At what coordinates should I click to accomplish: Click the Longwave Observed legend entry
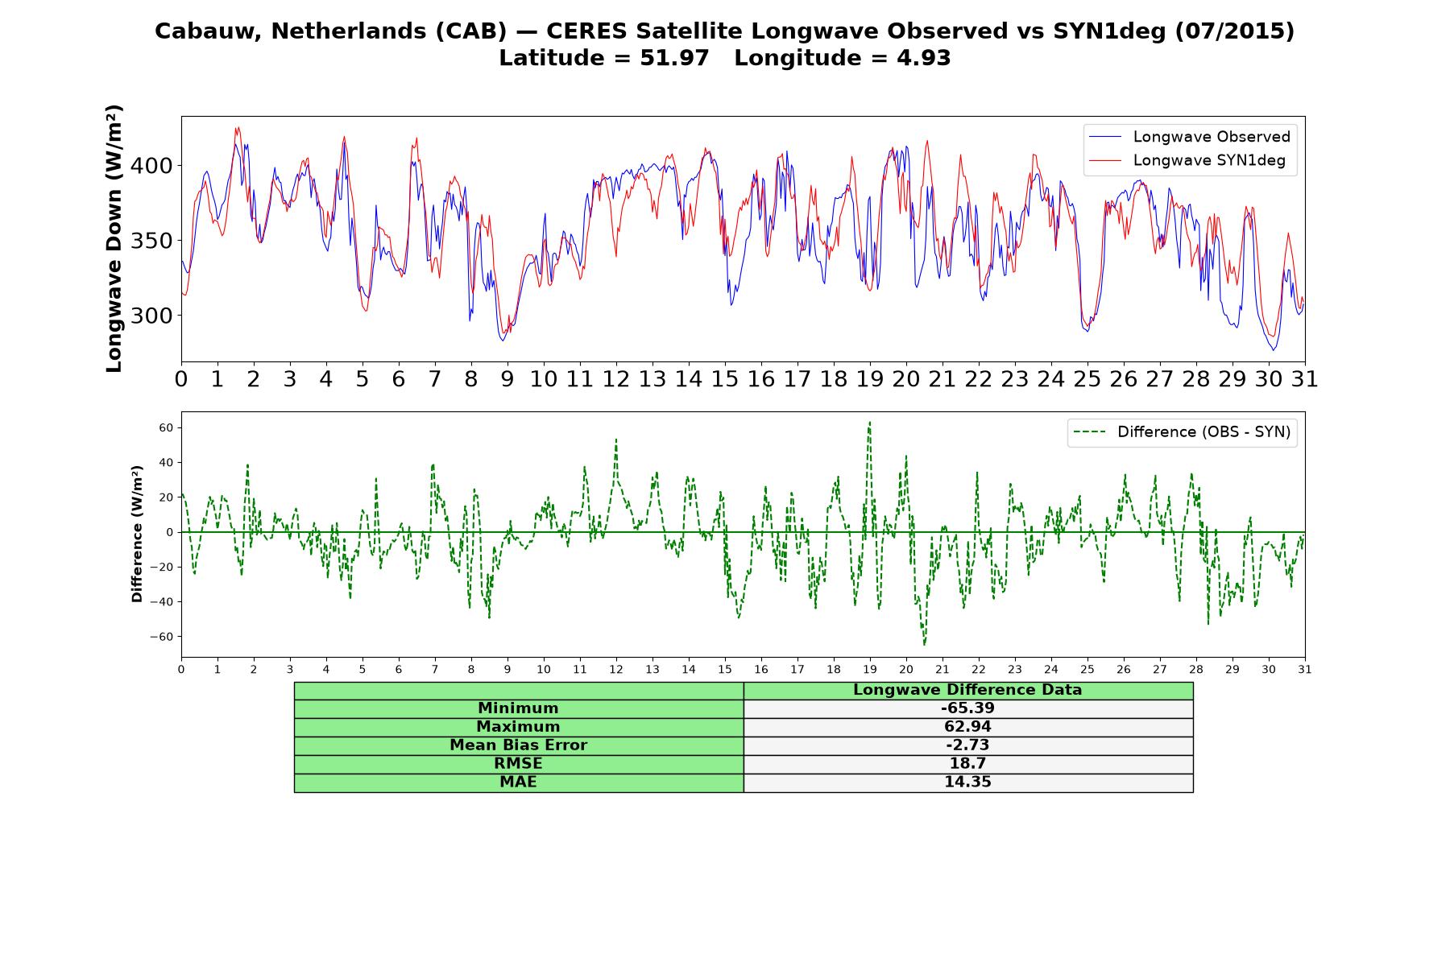(x=1189, y=137)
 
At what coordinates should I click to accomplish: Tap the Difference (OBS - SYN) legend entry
(x=1182, y=432)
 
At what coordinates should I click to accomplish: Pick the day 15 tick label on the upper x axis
(x=725, y=379)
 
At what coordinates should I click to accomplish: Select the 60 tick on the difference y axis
(x=166, y=427)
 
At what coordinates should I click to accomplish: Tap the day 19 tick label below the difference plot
(x=870, y=670)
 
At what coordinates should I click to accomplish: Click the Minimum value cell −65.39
(x=967, y=708)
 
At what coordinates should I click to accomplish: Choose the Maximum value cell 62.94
(x=967, y=727)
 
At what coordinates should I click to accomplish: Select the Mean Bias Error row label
(x=518, y=745)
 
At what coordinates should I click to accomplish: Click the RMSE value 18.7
(x=967, y=764)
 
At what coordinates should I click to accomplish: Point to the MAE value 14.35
(x=967, y=782)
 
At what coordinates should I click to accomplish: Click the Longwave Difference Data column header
(x=967, y=690)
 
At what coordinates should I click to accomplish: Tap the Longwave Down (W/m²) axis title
(x=114, y=238)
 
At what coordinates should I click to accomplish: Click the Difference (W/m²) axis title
(x=137, y=534)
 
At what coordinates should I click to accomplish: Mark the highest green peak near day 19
(x=869, y=422)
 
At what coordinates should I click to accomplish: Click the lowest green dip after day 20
(x=924, y=645)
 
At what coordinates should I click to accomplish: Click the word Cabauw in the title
(x=208, y=31)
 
